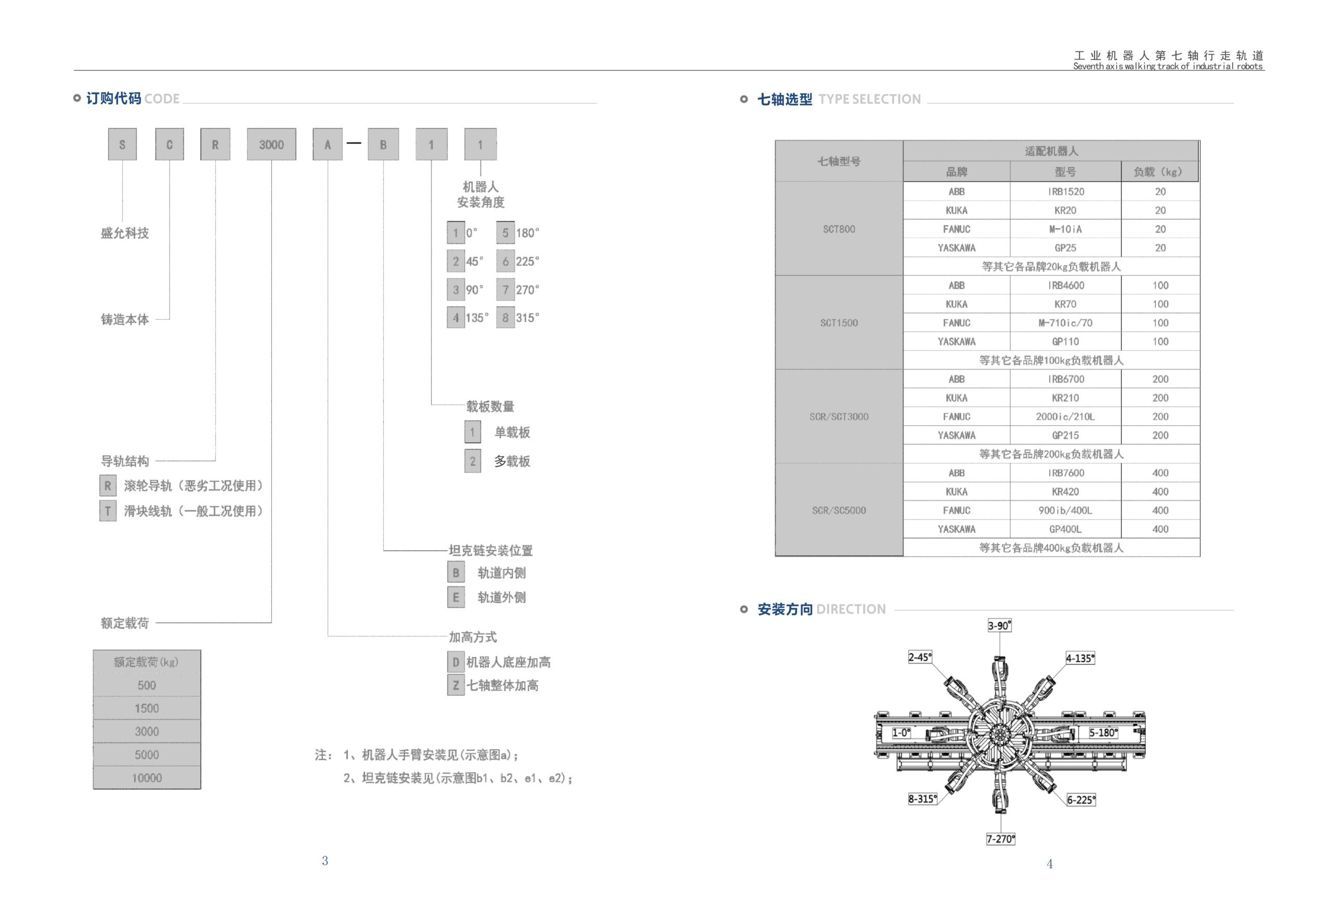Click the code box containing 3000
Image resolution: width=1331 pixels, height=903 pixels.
click(271, 145)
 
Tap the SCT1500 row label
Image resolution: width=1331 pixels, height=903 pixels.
click(839, 323)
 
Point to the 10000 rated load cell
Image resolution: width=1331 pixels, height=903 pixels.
click(147, 778)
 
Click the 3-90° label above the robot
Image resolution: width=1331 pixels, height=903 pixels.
click(999, 625)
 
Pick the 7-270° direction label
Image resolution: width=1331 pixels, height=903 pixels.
click(1000, 839)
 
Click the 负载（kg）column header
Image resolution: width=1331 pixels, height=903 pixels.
click(1159, 172)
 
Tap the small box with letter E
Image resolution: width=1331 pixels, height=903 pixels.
click(456, 597)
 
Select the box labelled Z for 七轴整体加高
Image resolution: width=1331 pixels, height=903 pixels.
click(456, 685)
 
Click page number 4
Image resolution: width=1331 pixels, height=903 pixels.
click(1049, 863)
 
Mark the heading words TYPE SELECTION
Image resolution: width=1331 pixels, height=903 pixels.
click(869, 99)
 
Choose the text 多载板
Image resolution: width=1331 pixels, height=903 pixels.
click(512, 461)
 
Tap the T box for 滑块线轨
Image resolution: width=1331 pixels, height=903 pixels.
click(108, 511)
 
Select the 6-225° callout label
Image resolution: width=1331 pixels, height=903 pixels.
click(1081, 800)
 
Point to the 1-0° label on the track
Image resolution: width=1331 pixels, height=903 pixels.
click(901, 733)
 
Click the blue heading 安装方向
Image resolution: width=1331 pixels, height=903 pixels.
click(785, 609)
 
